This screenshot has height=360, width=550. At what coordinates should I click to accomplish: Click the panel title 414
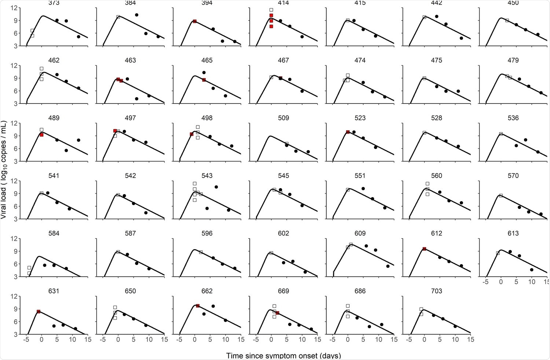[x=283, y=3]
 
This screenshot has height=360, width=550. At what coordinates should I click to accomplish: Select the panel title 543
[x=207, y=176]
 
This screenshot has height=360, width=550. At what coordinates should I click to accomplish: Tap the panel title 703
[x=436, y=291]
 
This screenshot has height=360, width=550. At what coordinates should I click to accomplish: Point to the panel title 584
[x=54, y=233]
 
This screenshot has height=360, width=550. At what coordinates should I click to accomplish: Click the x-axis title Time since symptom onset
[x=283, y=355]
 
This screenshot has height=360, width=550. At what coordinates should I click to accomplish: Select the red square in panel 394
[x=195, y=21]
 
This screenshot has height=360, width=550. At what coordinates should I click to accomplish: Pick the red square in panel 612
[x=424, y=249]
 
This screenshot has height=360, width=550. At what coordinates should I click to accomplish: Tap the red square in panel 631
[x=38, y=312]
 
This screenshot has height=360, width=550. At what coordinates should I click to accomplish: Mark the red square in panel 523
[x=348, y=132]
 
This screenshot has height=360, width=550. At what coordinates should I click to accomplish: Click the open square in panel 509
[x=286, y=143]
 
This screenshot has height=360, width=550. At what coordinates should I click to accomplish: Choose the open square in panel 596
[x=201, y=252]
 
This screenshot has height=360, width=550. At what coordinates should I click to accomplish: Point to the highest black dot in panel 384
[x=136, y=15]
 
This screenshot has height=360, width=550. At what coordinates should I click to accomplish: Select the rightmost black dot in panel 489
[x=78, y=140]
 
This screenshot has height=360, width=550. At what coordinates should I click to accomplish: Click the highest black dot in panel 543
[x=216, y=187]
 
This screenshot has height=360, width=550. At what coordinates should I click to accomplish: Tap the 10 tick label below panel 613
[x=532, y=282]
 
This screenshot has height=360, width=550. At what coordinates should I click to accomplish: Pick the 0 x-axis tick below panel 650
[x=118, y=339]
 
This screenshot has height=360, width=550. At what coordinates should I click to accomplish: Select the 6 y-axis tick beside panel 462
[x=14, y=91]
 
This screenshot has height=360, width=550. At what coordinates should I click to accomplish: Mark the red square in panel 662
[x=198, y=306]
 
